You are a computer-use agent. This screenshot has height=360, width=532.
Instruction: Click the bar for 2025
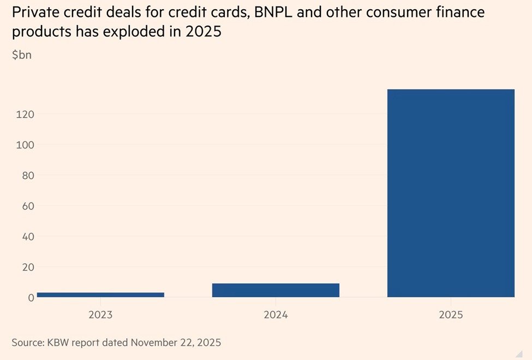tap(451, 193)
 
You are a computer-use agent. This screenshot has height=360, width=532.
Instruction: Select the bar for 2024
tap(276, 290)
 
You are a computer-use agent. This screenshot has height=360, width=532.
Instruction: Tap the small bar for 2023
tap(100, 295)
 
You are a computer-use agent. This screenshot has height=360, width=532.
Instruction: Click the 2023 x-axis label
tap(100, 315)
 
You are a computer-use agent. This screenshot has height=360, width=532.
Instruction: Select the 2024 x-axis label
tap(276, 315)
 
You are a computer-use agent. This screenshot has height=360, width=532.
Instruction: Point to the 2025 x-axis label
tap(451, 315)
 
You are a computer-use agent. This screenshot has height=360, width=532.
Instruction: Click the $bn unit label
tap(21, 55)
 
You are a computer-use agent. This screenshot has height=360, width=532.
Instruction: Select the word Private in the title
tap(32, 12)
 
